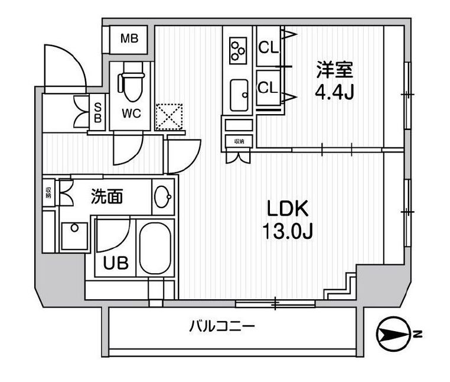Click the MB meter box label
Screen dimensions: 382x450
point(129,39)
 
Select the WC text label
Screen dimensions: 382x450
point(131,114)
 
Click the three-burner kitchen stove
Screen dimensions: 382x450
point(239,50)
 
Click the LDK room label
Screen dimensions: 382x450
point(288,209)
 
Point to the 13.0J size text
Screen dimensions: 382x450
point(288,231)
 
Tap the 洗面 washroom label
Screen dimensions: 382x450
point(107,196)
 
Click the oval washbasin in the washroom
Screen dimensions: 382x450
point(162,195)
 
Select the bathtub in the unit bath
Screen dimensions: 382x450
point(155,248)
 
